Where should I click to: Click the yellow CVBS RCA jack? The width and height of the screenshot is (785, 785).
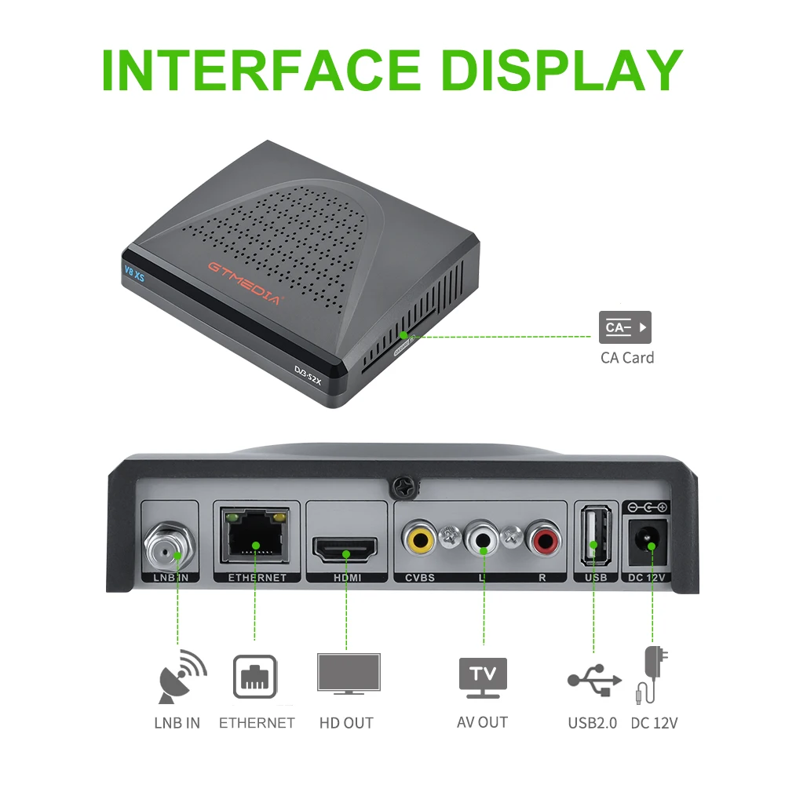[420, 541]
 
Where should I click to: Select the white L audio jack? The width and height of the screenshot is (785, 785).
[482, 541]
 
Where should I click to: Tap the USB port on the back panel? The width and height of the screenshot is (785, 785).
[593, 539]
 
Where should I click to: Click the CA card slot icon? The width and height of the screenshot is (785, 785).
[625, 327]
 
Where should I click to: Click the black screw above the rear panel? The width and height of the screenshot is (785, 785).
[403, 487]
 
